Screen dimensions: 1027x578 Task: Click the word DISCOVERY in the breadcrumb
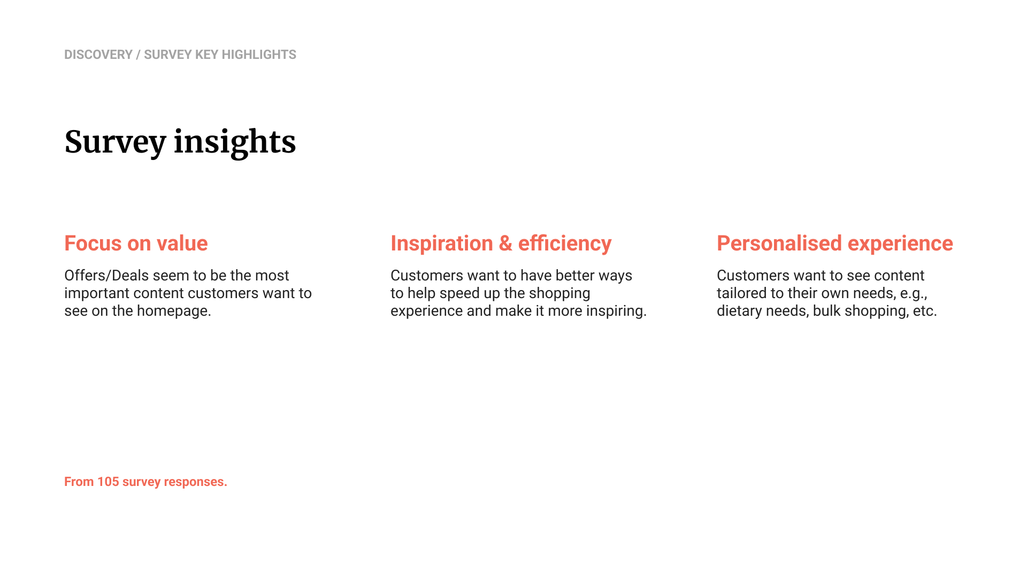coord(98,55)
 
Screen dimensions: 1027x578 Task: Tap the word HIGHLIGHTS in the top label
coord(259,55)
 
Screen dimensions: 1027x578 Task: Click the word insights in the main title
coord(235,142)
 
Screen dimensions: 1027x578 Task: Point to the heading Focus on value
coord(136,244)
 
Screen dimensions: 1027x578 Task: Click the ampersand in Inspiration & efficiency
coord(505,244)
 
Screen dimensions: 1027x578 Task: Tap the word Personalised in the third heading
coord(779,244)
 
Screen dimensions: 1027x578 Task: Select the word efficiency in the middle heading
coord(565,244)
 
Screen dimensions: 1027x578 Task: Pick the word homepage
coord(174,311)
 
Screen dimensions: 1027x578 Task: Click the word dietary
coord(739,311)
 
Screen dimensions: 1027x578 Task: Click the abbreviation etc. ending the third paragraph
coord(925,311)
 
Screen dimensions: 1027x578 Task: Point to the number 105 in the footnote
coord(108,482)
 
